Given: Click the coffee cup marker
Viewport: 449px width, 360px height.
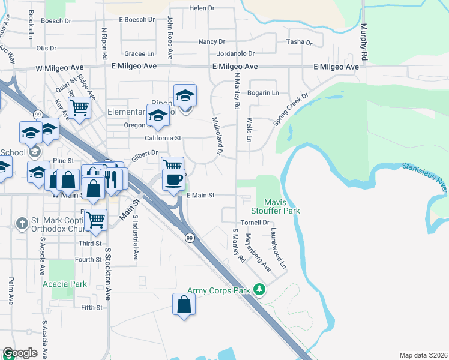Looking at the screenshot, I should point(173,179).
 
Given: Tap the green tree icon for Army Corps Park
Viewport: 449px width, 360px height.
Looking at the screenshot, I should point(259,290).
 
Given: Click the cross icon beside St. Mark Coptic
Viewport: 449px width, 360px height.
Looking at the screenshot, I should point(22,223).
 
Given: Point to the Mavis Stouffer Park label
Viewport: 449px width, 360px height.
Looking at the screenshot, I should point(279,206).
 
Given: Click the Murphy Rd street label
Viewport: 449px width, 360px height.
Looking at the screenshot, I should point(363,42).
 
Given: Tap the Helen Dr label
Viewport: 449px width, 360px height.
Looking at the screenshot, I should point(202,8).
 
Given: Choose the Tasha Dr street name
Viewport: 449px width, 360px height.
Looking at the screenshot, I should point(300,42).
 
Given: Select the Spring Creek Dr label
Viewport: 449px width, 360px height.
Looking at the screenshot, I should point(291,109).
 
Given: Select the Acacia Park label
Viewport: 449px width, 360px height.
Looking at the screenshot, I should point(64,284).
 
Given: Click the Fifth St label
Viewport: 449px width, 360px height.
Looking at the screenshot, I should point(92,308).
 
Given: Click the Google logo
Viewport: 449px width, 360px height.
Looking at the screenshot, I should point(20,353).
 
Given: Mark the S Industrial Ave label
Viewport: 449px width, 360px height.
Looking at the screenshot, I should point(136,239).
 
